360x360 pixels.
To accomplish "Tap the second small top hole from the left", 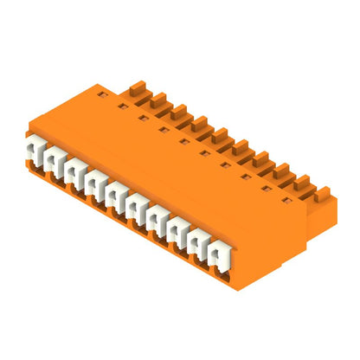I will point(122,106).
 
